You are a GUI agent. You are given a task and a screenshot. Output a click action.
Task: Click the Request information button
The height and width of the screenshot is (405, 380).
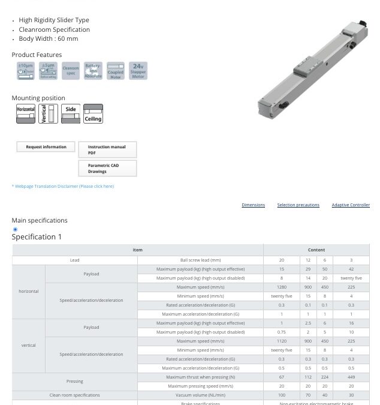46,147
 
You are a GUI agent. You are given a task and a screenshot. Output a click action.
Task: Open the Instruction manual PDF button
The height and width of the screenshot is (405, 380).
107,149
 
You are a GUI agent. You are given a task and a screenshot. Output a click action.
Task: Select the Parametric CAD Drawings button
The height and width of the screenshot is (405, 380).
107,168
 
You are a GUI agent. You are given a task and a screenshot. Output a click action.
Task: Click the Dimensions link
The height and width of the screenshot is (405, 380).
253,205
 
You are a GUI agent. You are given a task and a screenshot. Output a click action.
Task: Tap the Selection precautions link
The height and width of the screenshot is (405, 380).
298,205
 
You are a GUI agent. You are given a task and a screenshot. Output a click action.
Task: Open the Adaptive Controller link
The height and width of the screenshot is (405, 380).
351,205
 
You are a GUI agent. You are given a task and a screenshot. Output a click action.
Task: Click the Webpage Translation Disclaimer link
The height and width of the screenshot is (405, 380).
63,186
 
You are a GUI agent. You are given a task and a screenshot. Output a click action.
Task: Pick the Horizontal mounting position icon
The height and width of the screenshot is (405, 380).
26,114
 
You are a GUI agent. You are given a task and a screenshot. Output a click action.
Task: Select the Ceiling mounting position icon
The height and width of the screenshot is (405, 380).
93,114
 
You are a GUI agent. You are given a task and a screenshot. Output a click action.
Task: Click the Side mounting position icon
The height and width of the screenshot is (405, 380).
71,114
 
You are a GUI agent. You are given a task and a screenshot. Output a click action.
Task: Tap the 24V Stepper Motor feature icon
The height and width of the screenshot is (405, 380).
138,71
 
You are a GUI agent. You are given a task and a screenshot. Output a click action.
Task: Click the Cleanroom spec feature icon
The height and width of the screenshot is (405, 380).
71,71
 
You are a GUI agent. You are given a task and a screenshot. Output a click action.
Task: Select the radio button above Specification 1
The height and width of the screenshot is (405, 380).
15,229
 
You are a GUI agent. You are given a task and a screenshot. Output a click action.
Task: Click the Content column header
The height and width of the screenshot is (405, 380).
316,250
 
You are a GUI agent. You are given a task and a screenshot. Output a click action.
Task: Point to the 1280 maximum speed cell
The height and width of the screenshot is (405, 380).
281,287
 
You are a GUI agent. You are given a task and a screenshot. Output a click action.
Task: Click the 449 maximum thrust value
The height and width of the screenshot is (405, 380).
351,377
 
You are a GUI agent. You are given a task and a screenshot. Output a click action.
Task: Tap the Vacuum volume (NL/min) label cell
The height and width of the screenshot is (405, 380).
200,395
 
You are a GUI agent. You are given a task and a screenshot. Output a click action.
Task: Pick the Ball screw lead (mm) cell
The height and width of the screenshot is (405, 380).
200,260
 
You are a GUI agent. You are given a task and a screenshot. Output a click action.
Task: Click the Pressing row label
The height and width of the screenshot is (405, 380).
74,381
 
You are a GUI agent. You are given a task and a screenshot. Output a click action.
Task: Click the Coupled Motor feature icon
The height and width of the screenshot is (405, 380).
115,71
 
